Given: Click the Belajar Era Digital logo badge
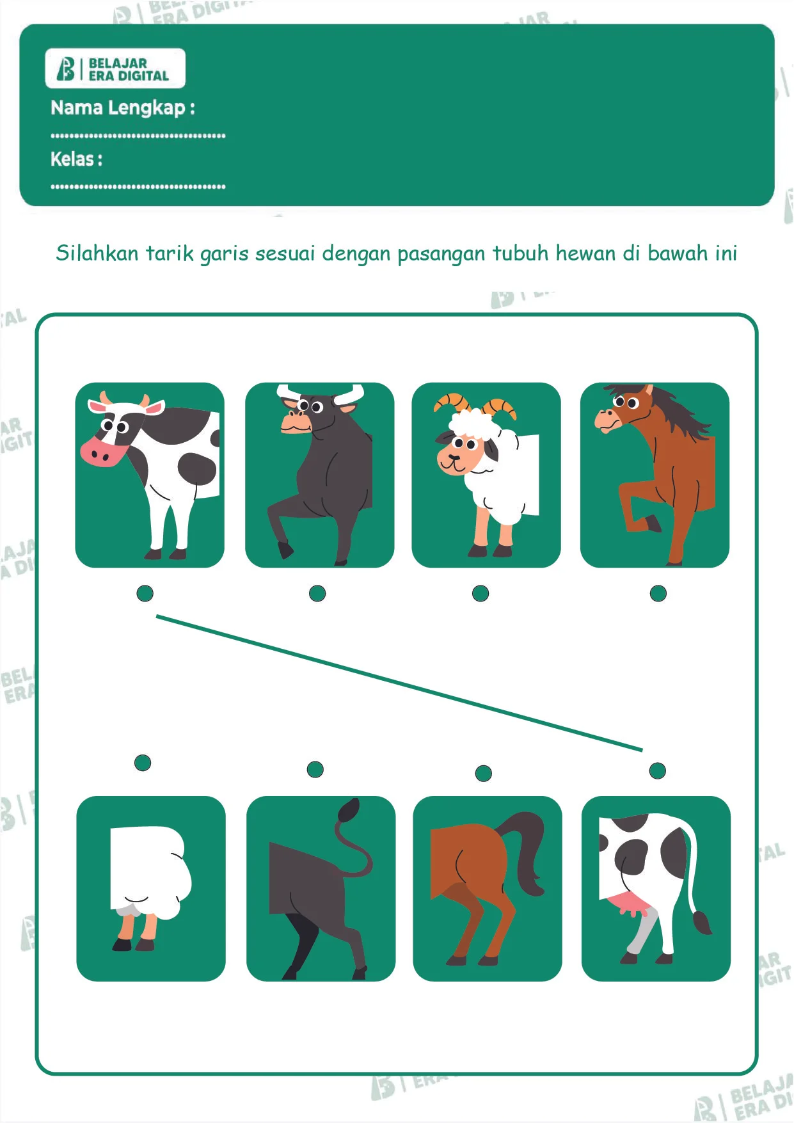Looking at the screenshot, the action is (x=115, y=68).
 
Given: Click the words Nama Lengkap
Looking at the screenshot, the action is (x=118, y=108).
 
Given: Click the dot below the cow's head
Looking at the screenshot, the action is (x=145, y=594).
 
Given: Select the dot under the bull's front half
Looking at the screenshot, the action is (x=317, y=594).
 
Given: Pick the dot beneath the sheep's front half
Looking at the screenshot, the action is (x=480, y=594).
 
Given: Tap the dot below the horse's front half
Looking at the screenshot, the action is (x=658, y=594).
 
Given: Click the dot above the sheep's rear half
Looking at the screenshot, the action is (x=143, y=763).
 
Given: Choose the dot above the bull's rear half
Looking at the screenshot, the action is (x=315, y=769).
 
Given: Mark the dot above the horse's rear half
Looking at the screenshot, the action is (x=484, y=774).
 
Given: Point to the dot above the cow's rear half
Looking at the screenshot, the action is (x=658, y=771).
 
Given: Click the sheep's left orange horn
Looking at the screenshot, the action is (x=452, y=402).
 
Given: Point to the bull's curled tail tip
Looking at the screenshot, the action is (x=349, y=811).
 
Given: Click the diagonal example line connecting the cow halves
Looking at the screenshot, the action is (x=399, y=683).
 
